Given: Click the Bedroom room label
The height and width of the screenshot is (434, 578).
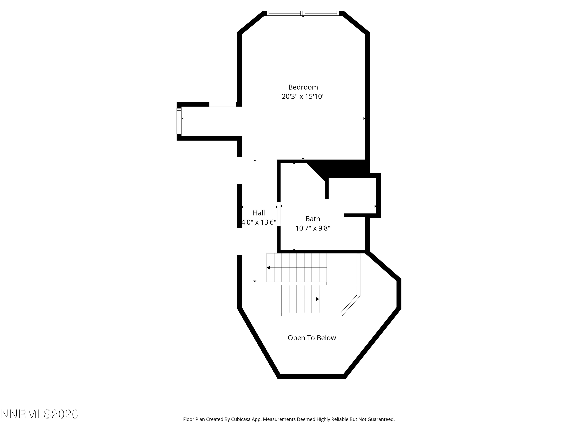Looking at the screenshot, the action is pyautogui.click(x=303, y=87).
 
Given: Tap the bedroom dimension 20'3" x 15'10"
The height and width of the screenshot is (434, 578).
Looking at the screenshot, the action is pyautogui.click(x=303, y=96).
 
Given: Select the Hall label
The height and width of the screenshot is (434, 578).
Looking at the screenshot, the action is pyautogui.click(x=259, y=213).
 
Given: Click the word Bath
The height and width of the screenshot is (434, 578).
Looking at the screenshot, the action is pyautogui.click(x=313, y=219).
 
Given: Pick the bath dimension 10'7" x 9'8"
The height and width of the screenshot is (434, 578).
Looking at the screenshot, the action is pyautogui.click(x=313, y=228).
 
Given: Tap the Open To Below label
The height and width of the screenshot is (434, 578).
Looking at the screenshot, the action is pyautogui.click(x=312, y=338).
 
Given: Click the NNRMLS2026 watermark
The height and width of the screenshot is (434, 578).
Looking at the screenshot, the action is pyautogui.click(x=40, y=414).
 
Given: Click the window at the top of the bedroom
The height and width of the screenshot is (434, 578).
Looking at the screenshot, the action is pyautogui.click(x=303, y=13).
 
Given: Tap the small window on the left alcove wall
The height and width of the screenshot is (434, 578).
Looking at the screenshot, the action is pyautogui.click(x=179, y=121).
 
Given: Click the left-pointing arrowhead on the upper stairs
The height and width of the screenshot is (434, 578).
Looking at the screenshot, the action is pyautogui.click(x=268, y=268).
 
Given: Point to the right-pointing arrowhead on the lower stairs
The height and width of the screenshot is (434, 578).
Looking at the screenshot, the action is pyautogui.click(x=318, y=299).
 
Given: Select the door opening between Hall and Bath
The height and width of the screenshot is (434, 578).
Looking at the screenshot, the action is pyautogui.click(x=279, y=214).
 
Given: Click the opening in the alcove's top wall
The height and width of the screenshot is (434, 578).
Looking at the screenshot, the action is pyautogui.click(x=223, y=104).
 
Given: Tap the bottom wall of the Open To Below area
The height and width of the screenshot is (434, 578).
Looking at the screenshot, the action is pyautogui.click(x=312, y=377).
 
